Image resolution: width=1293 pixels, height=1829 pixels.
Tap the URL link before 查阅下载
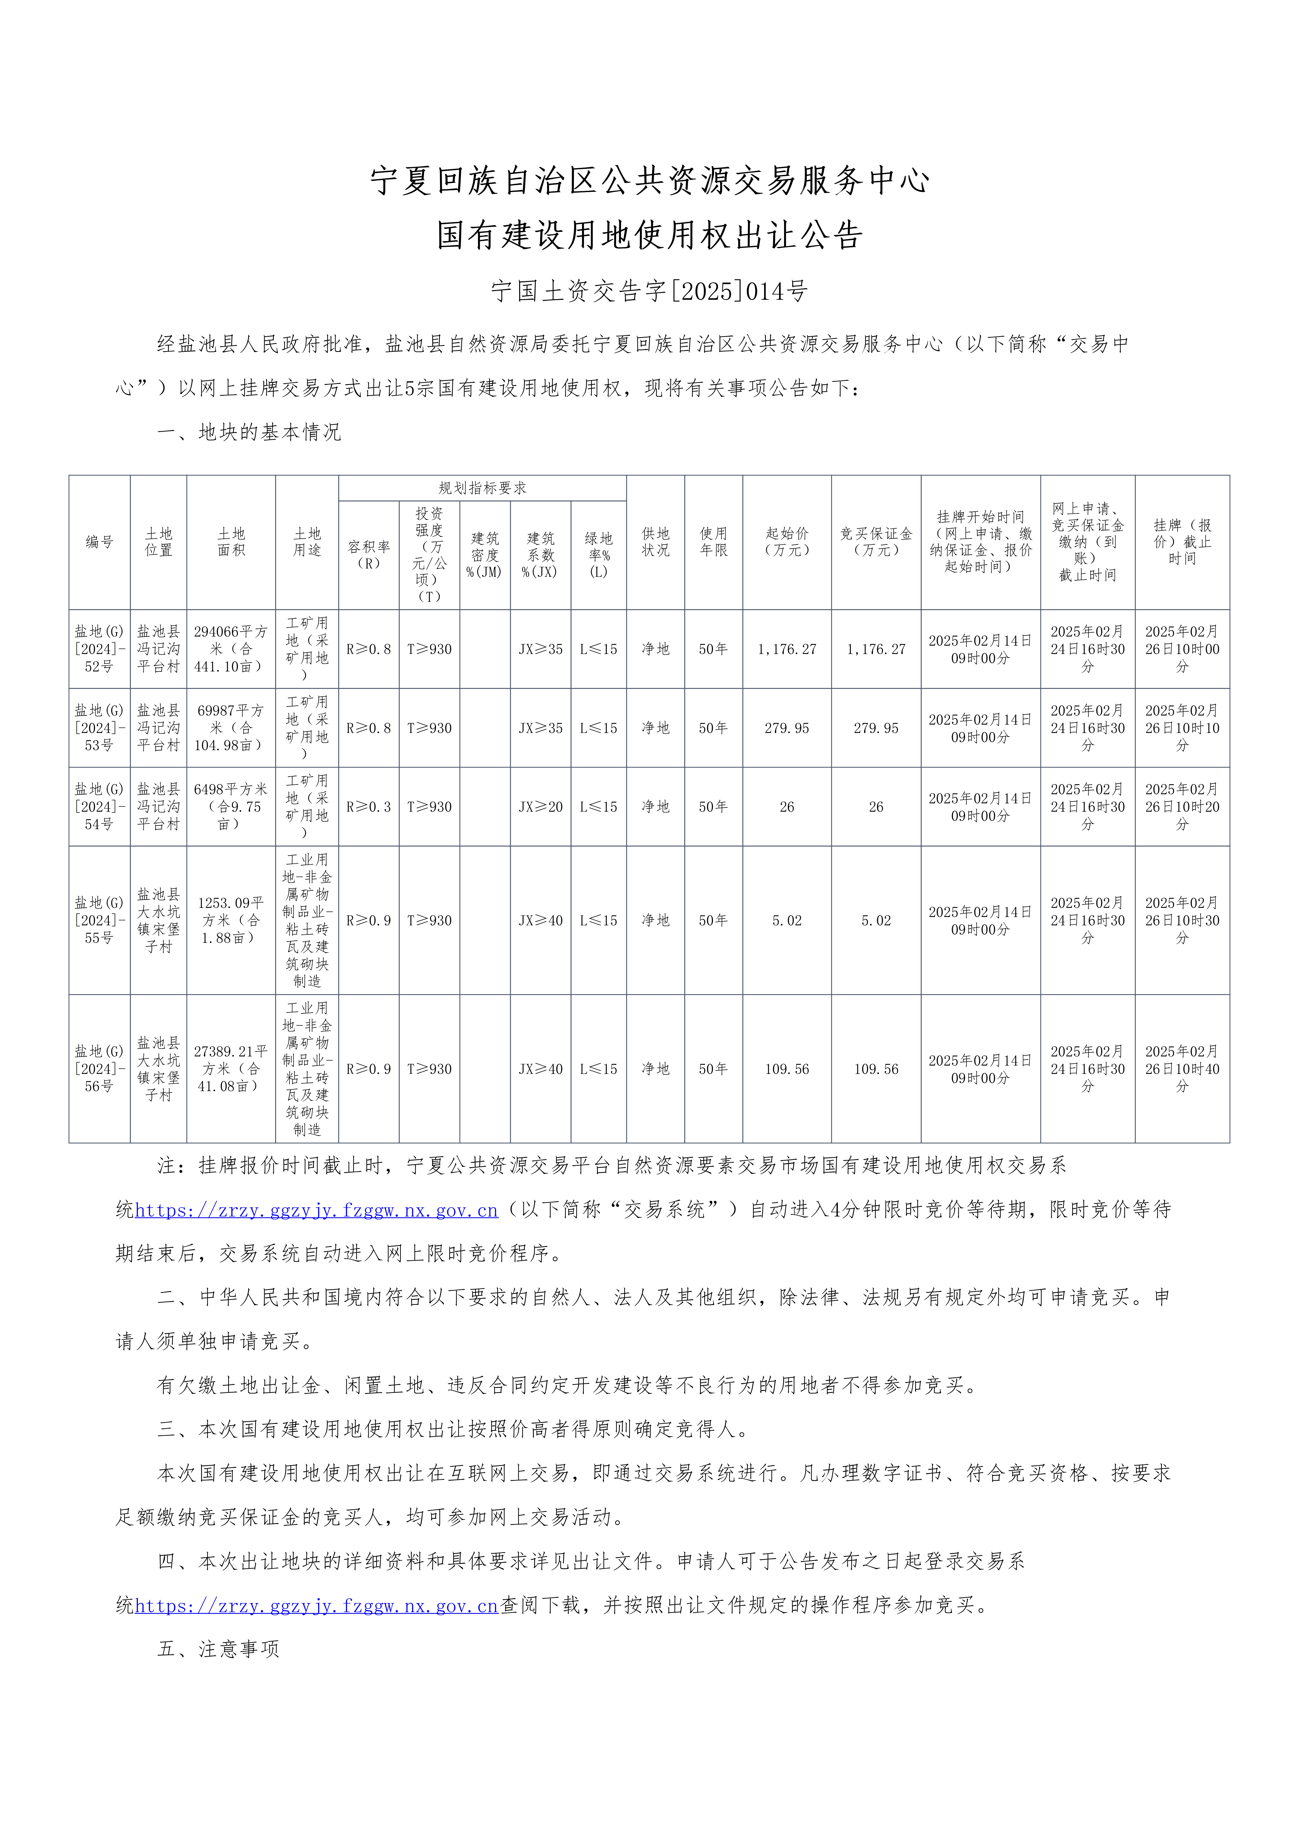pyautogui.click(x=316, y=1605)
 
